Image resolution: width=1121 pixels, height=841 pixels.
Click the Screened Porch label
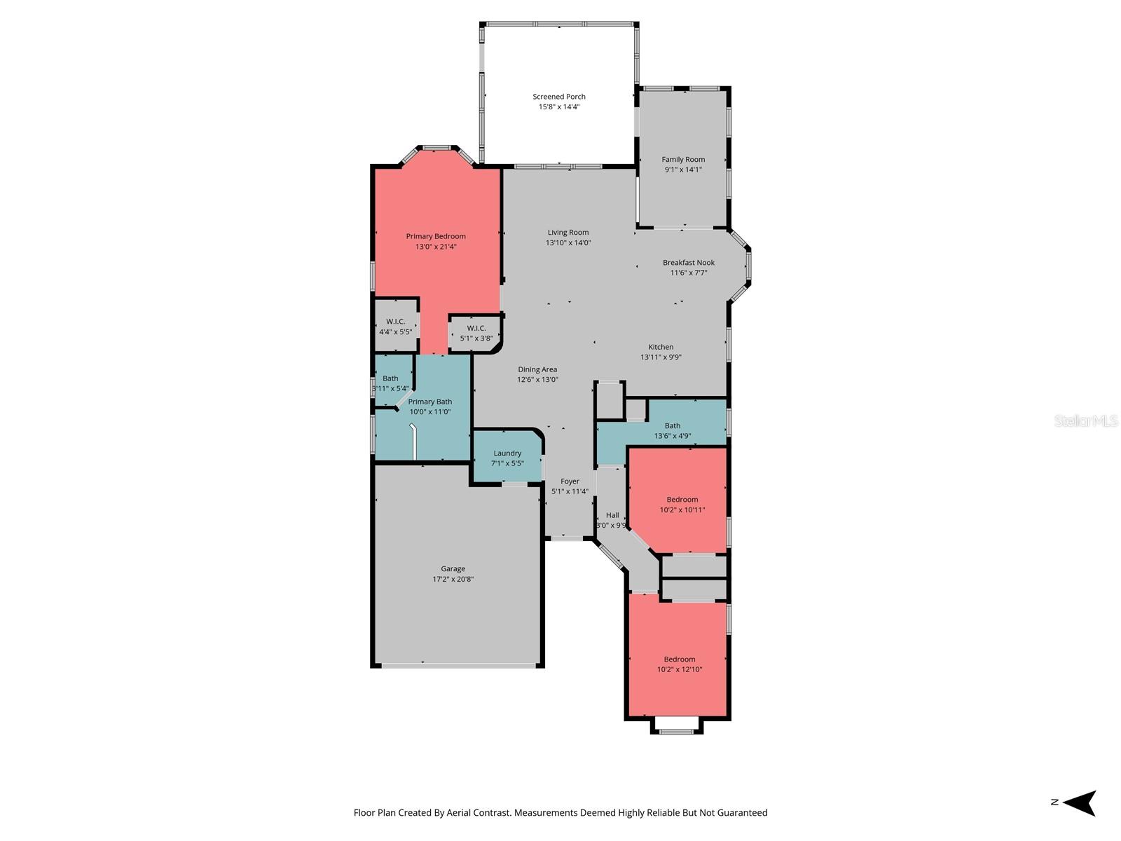[558, 97]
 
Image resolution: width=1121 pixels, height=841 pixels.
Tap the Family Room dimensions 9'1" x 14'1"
[683, 170]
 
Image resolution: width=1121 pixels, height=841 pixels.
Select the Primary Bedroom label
[436, 236]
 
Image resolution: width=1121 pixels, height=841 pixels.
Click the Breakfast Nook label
[689, 263]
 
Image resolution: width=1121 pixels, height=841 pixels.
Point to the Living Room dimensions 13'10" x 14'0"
[568, 243]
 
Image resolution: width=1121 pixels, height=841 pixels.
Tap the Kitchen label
[661, 347]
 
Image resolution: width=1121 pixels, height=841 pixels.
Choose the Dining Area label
[537, 369]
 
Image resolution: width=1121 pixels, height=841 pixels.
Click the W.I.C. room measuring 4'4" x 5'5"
[396, 327]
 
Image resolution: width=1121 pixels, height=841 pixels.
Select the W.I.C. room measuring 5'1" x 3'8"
[476, 333]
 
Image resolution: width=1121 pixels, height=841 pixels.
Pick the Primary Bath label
[429, 402]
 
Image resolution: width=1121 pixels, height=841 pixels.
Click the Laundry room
[507, 458]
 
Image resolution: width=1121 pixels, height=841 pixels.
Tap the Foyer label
[570, 481]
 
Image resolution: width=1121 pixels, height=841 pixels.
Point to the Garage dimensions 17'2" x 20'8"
[453, 580]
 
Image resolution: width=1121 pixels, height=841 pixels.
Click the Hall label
[612, 515]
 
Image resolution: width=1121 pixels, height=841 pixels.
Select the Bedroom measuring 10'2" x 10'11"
[682, 505]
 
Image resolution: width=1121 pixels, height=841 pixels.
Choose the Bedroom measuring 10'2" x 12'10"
[680, 664]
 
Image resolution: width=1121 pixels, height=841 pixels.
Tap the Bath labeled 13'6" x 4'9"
[673, 430]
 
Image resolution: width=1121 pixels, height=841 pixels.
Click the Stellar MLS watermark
[1085, 420]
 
